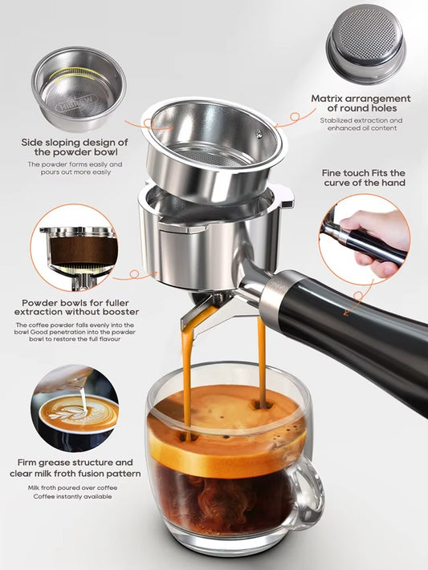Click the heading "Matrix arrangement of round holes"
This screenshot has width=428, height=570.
[x=361, y=104]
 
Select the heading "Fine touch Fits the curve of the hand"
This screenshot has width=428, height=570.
[x=364, y=178]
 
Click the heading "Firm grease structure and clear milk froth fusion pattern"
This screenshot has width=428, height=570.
[x=75, y=468]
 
